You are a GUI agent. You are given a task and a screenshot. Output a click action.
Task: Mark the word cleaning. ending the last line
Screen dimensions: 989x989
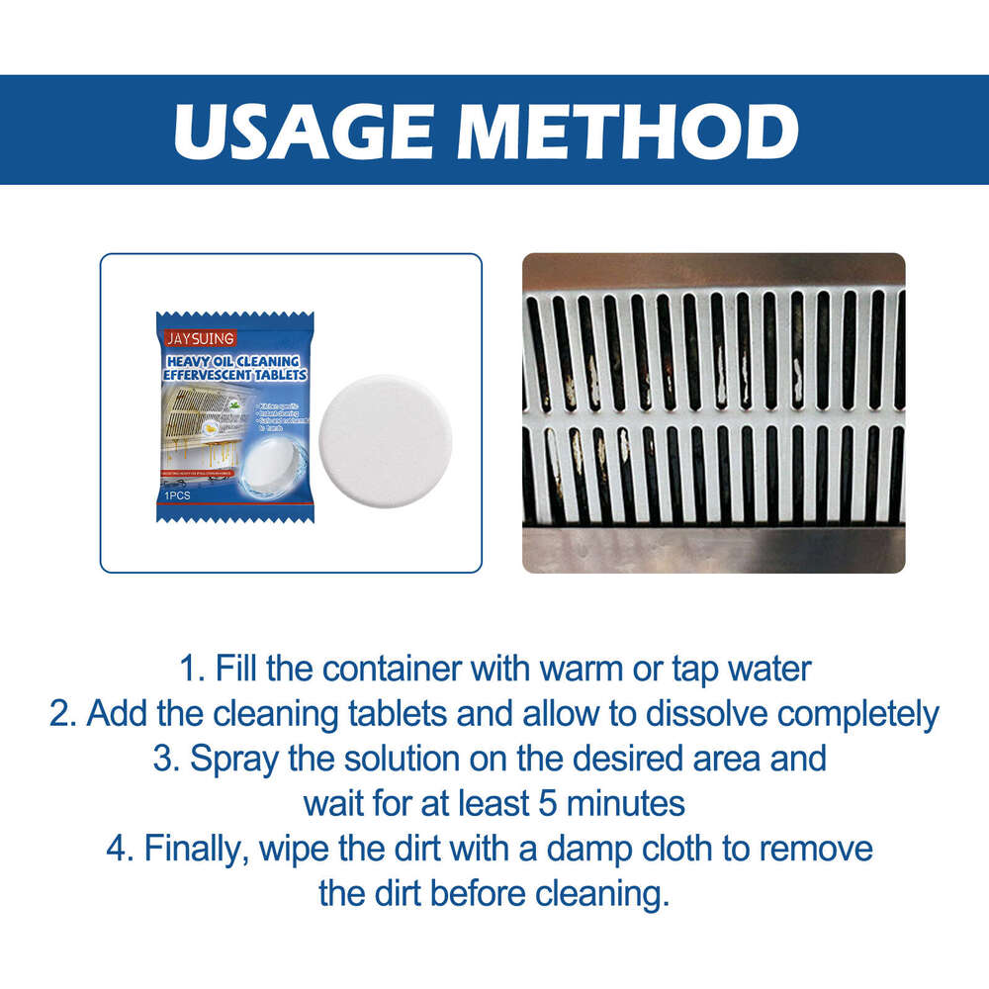(602, 893)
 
